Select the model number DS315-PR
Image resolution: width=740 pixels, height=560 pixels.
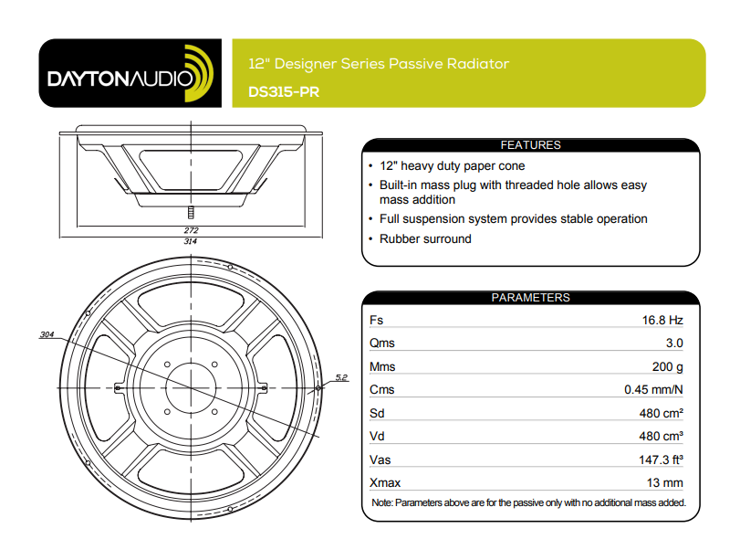[284, 91]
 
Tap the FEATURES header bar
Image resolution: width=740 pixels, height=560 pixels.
[530, 145]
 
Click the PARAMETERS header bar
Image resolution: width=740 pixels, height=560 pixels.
[530, 298]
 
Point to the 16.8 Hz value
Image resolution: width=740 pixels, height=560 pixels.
[662, 321]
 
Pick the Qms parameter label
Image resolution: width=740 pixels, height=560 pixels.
[381, 343]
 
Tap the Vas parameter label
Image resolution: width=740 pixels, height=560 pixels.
[380, 460]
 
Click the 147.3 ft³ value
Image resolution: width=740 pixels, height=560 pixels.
[660, 460]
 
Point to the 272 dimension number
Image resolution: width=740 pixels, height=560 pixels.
[191, 230]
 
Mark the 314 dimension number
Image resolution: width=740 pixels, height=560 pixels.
[191, 241]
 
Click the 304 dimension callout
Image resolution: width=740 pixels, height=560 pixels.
[47, 335]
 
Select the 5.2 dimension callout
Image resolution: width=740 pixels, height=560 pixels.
[341, 376]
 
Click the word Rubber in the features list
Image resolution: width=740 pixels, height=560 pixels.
[401, 239]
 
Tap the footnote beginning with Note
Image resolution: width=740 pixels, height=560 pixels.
[528, 503]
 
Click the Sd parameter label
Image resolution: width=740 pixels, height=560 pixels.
[377, 413]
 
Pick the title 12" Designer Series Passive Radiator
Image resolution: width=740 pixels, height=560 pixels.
[379, 64]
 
